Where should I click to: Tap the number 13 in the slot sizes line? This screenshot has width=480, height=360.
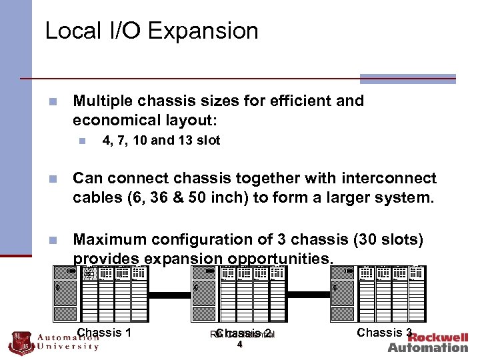pos(184,141)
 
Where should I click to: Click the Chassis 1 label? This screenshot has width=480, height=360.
pos(104,332)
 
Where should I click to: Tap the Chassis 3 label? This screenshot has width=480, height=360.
pos(385,332)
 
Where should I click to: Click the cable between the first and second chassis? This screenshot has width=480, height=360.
pos(169,293)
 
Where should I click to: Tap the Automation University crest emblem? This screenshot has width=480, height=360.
pos(20,342)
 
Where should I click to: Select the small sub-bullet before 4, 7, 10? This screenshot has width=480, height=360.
pos(81,141)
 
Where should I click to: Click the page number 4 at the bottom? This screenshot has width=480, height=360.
pos(239,345)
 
